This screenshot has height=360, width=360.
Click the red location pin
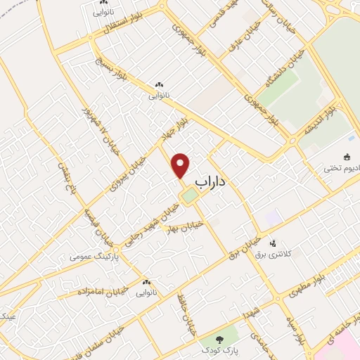(181, 165)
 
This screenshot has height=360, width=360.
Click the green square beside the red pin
(188, 197)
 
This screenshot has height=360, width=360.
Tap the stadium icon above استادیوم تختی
(347, 157)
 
